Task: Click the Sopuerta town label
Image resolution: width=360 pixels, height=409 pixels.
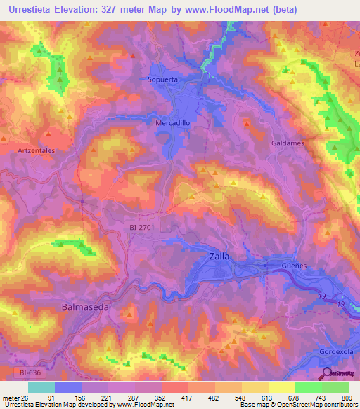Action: (164, 79)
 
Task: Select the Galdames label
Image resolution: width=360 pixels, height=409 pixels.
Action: (286, 143)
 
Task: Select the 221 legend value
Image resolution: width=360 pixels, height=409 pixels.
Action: (108, 397)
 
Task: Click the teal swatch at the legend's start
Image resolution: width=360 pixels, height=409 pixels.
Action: (41, 387)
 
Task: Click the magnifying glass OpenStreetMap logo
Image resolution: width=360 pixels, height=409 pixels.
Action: (327, 375)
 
